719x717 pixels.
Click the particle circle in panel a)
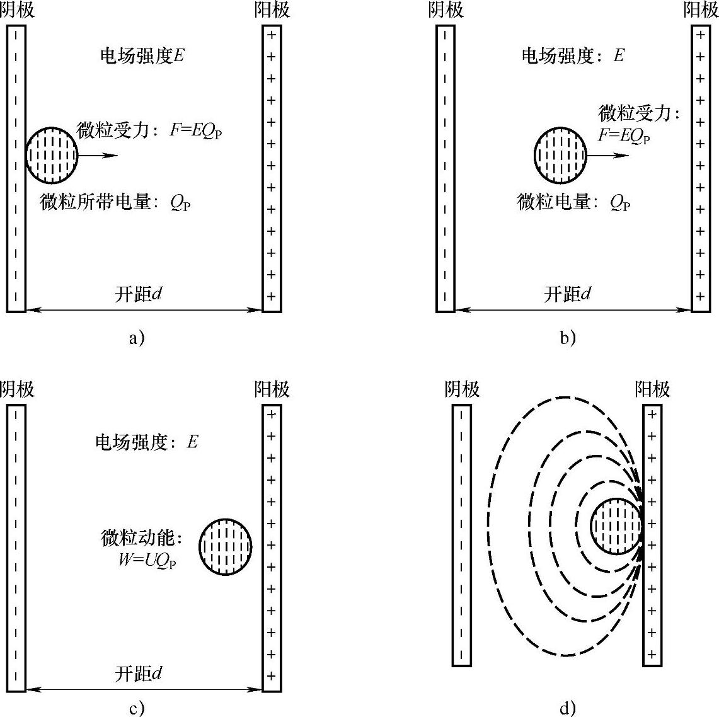52,154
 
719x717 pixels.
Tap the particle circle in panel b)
560,154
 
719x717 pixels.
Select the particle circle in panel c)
226,546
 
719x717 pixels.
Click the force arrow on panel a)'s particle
98,155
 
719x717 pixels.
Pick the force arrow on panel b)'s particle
607,155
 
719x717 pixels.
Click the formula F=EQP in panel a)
196,131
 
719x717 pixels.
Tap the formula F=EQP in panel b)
624,135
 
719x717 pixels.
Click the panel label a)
137,338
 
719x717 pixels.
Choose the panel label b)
568,338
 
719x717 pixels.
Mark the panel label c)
137,708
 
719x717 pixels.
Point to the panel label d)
568,708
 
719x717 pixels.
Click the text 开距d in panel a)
139,294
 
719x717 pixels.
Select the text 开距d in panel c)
139,673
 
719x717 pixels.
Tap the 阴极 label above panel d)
462,389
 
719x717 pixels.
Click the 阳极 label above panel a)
272,10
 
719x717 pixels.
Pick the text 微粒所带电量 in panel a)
95,202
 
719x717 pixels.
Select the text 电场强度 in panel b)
558,56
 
